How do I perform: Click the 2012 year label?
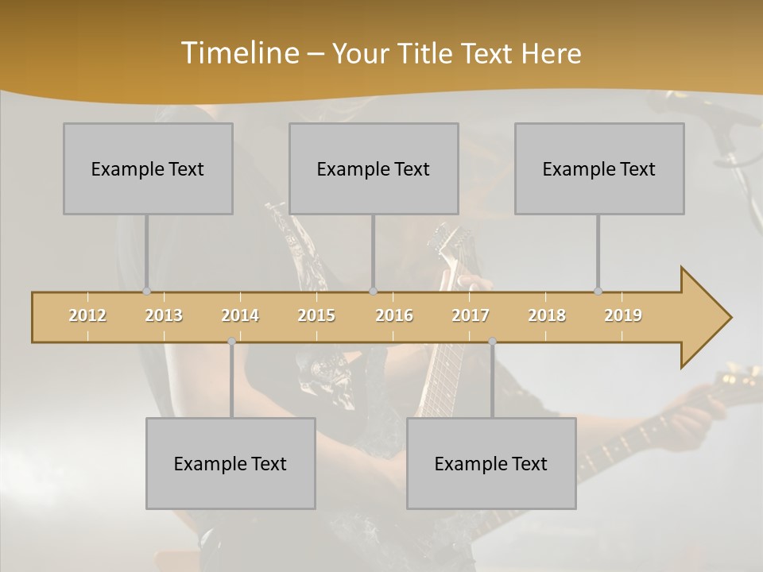pos(87,315)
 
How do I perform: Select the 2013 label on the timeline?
pos(164,315)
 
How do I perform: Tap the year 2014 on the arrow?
pos(240,315)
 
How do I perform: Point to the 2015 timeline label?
pos(316,315)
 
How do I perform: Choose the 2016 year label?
pos(394,315)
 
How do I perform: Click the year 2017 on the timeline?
pos(471,315)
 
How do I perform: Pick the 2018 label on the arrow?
pos(547,315)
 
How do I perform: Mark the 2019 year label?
pos(623,315)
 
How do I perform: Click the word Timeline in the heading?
pos(238,53)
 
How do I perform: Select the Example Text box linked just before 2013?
pos(148,168)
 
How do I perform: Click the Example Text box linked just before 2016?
pos(374,168)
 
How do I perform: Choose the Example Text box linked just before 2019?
pos(599,168)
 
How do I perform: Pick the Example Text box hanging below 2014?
pos(230,463)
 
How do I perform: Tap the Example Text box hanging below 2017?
pos(491,463)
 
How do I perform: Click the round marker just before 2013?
pos(146,292)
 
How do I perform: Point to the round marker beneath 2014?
pos(231,342)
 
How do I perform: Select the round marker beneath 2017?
pos(492,342)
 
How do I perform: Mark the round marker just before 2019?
pos(598,292)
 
